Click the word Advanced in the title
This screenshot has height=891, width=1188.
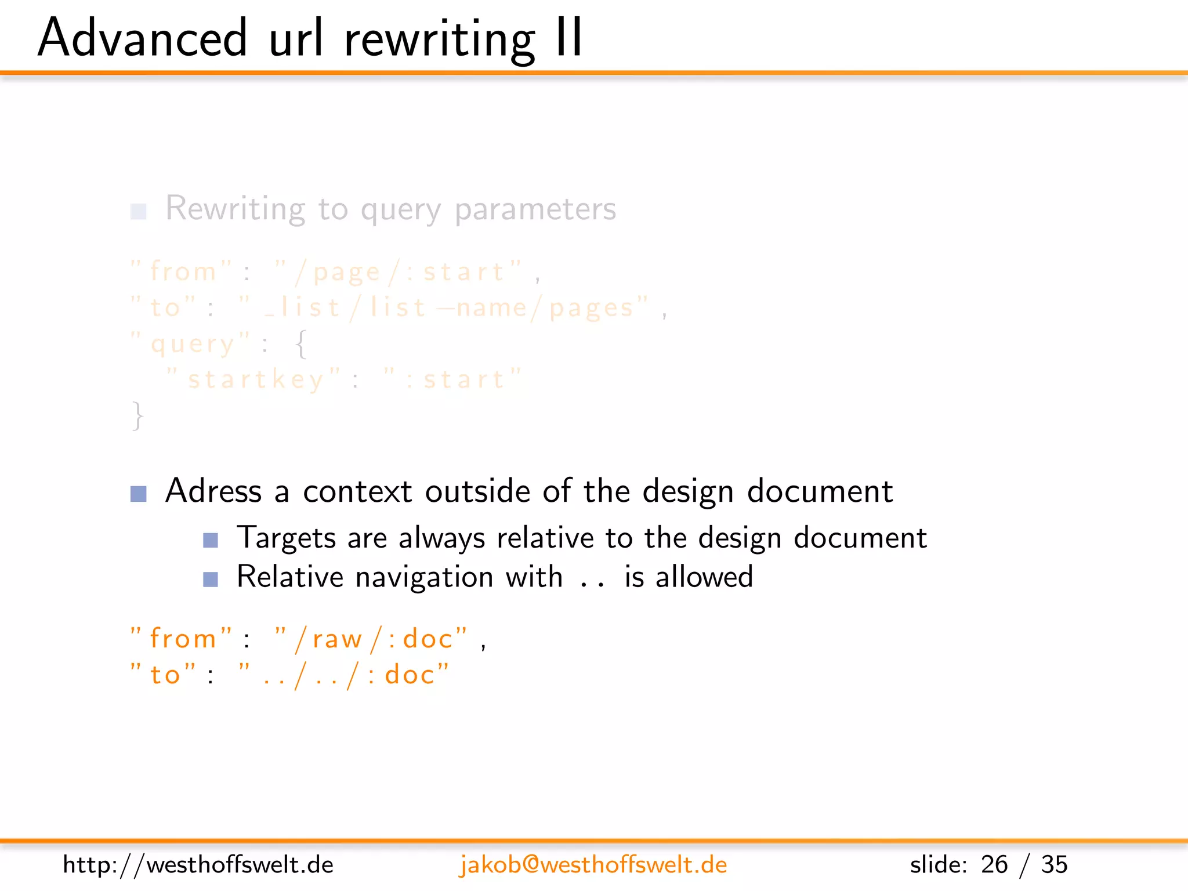point(143,38)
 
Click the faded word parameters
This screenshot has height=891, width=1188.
point(535,209)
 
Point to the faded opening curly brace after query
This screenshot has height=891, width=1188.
point(301,344)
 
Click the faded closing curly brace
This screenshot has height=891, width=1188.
point(137,415)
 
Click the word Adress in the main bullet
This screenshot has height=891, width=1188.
point(213,491)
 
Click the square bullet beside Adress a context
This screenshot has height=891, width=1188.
point(139,494)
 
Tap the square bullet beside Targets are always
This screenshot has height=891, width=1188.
point(211,541)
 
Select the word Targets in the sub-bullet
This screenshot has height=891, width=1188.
point(287,538)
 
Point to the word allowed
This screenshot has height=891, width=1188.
point(704,577)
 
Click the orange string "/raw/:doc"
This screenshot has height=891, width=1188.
point(371,639)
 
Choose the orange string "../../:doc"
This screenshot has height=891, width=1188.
point(345,675)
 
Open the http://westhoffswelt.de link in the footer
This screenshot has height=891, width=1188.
point(198,865)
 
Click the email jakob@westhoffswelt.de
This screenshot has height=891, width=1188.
point(593,865)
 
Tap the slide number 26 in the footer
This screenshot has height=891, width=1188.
point(994,865)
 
